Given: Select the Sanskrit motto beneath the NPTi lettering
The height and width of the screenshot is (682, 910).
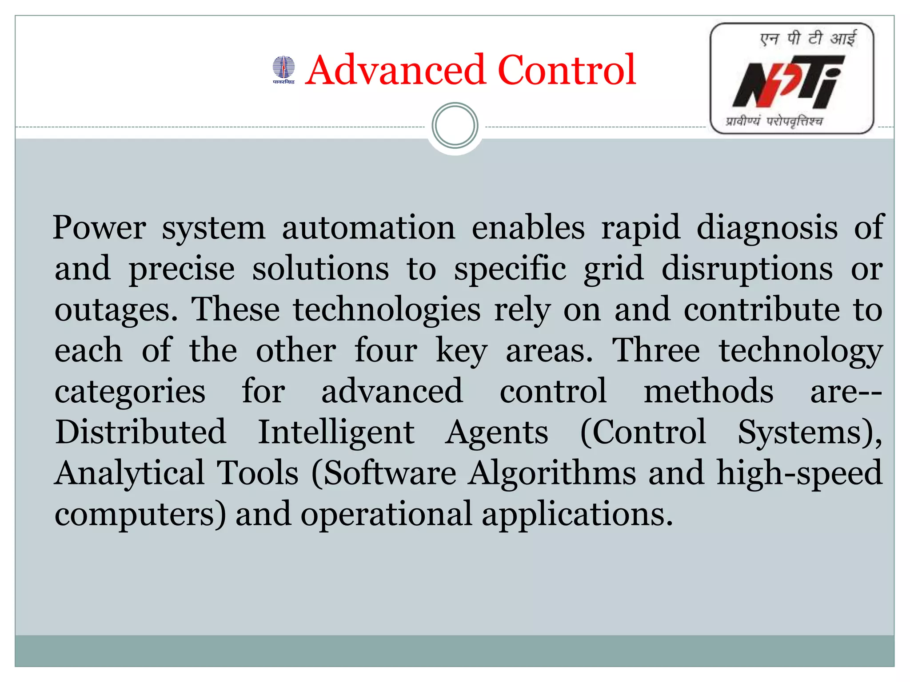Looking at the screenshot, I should [774, 121].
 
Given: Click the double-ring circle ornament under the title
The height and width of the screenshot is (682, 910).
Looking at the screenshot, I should [455, 126].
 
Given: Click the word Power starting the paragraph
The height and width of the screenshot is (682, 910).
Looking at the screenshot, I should [99, 227].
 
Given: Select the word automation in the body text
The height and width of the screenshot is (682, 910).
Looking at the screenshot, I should [368, 227].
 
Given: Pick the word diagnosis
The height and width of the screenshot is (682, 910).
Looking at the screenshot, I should [767, 227].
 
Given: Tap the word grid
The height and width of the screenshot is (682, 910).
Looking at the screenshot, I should [614, 269].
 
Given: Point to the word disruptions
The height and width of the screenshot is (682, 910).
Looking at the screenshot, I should [747, 269].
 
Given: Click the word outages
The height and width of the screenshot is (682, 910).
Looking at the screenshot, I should [116, 309].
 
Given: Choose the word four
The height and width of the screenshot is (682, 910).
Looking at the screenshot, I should [386, 350].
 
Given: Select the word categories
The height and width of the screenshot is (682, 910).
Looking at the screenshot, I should [130, 392].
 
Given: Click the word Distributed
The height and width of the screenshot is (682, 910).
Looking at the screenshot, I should [140, 432].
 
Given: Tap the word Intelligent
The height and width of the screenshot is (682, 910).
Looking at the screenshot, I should [336, 432].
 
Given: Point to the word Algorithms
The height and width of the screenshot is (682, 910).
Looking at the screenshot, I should [552, 473].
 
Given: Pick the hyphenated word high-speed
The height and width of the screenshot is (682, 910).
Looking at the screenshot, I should [799, 473].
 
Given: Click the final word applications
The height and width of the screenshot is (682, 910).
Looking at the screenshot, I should [577, 514].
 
